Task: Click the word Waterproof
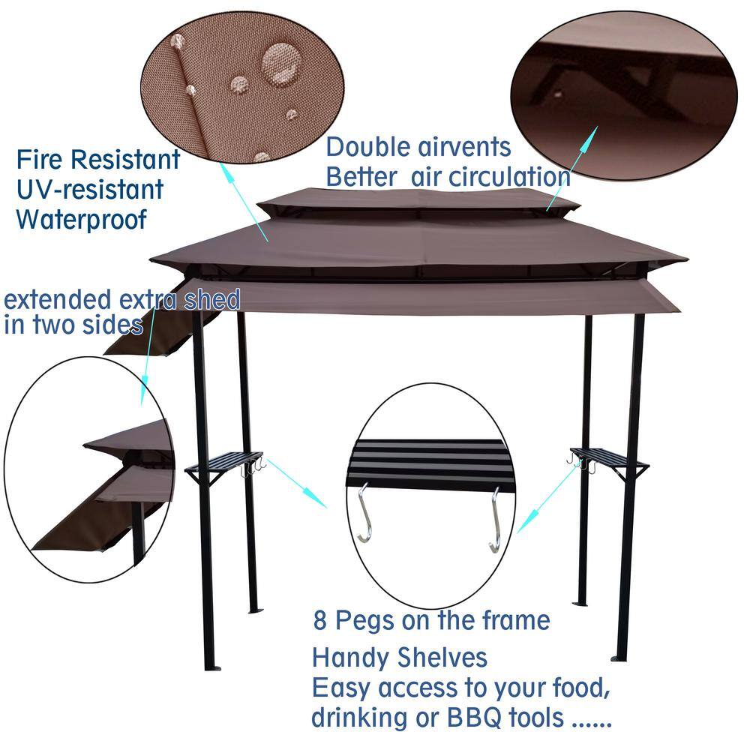coord(82,220)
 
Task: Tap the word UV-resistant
coord(90,189)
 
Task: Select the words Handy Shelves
coord(399,658)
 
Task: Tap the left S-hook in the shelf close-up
coord(363,514)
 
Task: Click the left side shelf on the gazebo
coord(225,461)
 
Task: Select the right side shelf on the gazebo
coord(608,458)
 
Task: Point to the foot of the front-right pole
coord(619,657)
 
